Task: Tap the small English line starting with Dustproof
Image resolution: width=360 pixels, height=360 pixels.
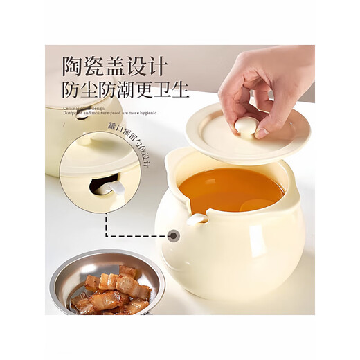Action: pyautogui.click(x=110, y=112)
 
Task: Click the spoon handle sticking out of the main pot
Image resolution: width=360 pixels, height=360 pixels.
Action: pyautogui.click(x=199, y=218)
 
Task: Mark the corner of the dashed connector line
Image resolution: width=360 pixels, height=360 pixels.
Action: pyautogui.click(x=107, y=235)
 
